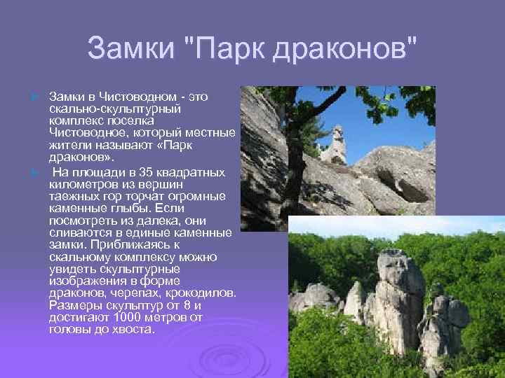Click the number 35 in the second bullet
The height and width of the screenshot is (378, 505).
click(146, 172)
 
